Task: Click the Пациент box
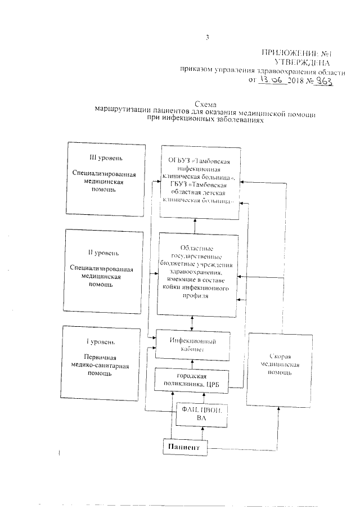pos(182,448)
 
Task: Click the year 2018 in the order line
pos(295,81)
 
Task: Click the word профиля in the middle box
pos(196,298)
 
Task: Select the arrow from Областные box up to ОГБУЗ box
pos(194,226)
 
